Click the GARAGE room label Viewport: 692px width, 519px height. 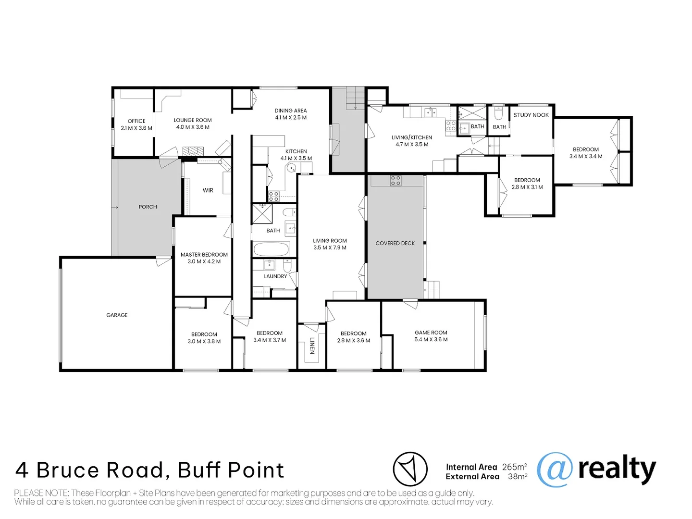[x=117, y=315]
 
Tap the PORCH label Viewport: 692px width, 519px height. [x=148, y=207]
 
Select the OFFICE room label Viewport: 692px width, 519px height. [x=136, y=121]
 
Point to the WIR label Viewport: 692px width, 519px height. [x=208, y=190]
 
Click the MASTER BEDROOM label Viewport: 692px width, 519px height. [x=204, y=255]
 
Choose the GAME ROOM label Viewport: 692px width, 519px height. [x=431, y=333]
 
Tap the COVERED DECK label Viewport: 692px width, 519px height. [x=395, y=243]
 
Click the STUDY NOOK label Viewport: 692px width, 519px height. [x=531, y=115]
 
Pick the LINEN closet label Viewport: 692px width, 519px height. [x=312, y=346]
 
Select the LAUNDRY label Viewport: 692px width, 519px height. [x=275, y=276]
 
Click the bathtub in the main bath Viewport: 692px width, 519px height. [x=272, y=249]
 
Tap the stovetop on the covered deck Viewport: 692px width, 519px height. [x=395, y=181]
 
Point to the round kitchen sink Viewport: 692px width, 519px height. [x=291, y=168]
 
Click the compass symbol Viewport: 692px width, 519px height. [x=410, y=469]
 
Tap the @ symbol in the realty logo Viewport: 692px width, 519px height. [x=555, y=470]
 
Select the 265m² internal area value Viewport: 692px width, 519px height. [x=514, y=467]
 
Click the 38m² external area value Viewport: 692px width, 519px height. [x=517, y=477]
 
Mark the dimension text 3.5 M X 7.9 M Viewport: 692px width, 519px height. [x=330, y=247]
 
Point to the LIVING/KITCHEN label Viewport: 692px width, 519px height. [x=412, y=137]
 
